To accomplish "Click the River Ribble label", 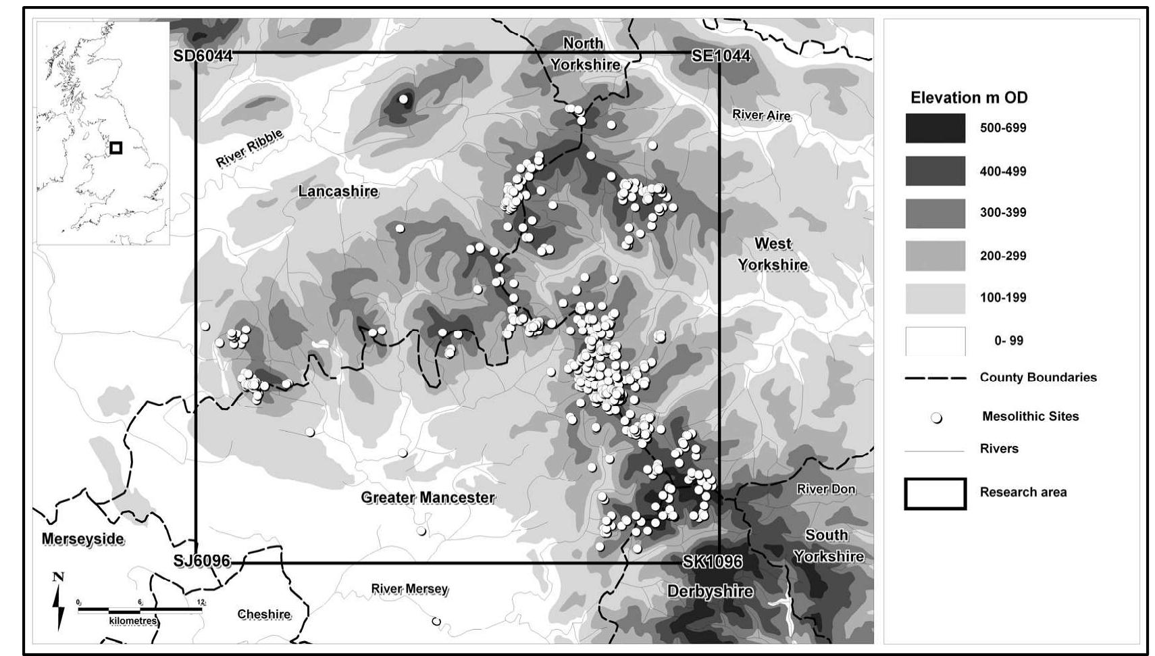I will coord(249,149).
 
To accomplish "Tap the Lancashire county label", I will coord(338,191).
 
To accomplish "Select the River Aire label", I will coord(761,115).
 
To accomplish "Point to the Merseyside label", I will coord(83,539).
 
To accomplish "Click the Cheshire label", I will coord(264,614).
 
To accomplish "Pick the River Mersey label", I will coord(409,589).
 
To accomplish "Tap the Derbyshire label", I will coord(710,591).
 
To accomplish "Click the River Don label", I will coord(825,489).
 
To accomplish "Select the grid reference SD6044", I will coord(203,55).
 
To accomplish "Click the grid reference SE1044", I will coord(721,55).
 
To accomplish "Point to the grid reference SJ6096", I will coord(201,561).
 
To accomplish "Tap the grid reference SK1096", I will coord(712,561).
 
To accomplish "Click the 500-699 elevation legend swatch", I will coord(935,128).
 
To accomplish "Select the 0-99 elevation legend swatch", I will coord(935,341).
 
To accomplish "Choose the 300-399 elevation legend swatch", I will coord(935,213).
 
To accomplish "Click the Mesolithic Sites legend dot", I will coord(936,418).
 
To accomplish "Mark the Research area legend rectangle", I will coord(935,493).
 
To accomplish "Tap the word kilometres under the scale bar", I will coord(133,621).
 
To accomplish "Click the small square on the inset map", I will coord(116,147).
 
